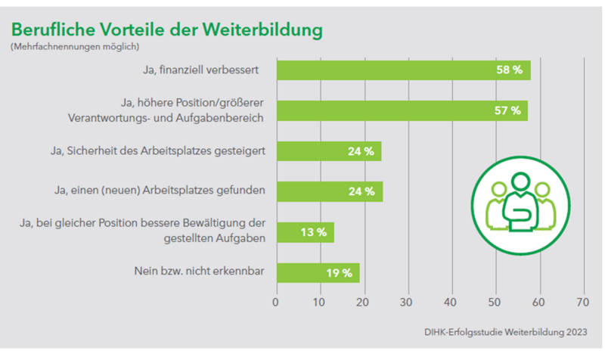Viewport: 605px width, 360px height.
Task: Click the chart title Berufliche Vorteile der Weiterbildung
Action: tap(166, 29)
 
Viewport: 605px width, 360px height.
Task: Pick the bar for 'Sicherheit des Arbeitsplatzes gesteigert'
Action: tap(328, 151)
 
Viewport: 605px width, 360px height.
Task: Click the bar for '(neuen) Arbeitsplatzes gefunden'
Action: tap(329, 191)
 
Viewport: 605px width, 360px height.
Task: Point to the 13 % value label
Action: tap(312, 232)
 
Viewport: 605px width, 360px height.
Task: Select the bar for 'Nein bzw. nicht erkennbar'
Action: tap(318, 272)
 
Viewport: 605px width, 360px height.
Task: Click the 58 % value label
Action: tap(508, 70)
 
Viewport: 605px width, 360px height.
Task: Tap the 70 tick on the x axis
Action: tap(582, 302)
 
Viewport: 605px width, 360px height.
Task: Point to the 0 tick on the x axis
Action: tap(276, 302)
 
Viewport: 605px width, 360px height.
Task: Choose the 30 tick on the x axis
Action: tap(408, 302)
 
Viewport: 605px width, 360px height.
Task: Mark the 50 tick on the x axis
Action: tap(496, 302)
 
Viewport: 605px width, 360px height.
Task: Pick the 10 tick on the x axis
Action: tap(320, 302)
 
